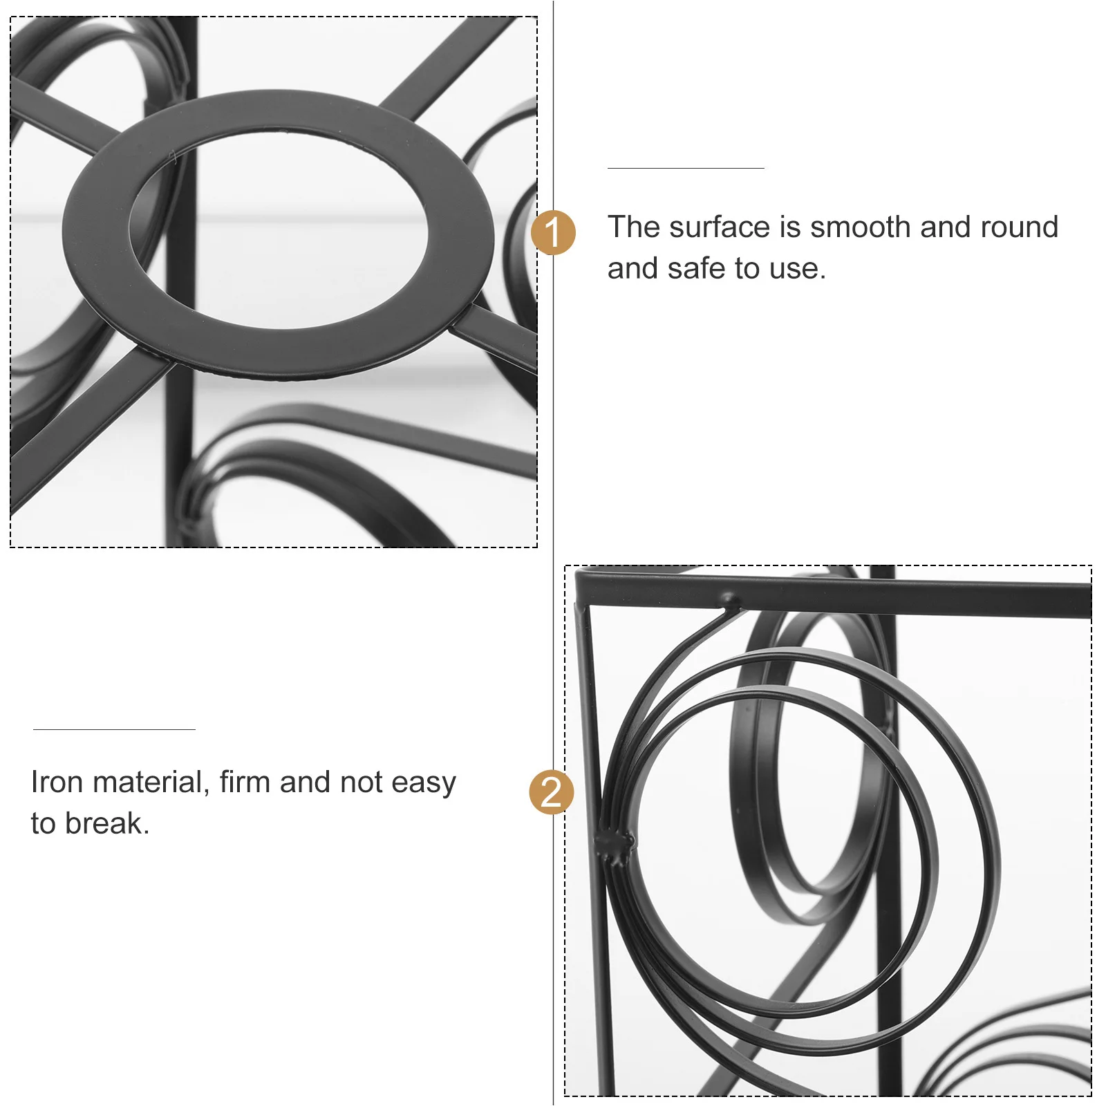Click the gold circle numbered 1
(553, 233)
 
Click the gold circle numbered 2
(551, 791)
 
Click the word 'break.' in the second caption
(107, 824)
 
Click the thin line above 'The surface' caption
(685, 168)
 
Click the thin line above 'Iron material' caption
(114, 729)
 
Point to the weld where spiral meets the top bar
(729, 601)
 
